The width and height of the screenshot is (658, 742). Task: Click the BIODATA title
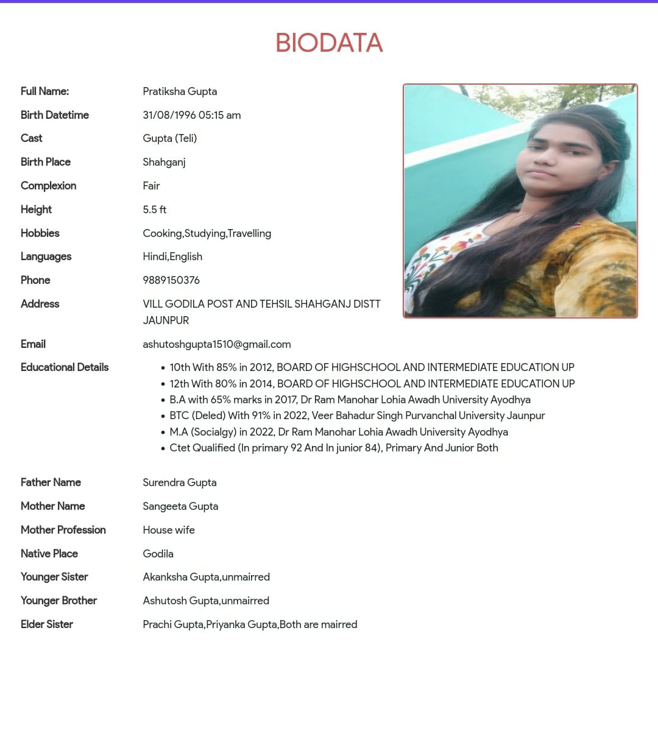tap(329, 43)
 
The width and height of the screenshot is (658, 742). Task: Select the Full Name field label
tap(44, 91)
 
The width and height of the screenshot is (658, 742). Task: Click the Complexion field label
tap(48, 186)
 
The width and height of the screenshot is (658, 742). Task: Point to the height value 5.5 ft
tap(154, 210)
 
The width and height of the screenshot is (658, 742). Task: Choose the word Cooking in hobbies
tap(162, 233)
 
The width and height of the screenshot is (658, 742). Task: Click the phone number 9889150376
tap(171, 280)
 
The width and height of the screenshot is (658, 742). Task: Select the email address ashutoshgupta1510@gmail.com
tap(216, 344)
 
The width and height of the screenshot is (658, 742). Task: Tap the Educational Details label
tap(65, 367)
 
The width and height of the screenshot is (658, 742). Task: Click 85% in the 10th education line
tap(226, 367)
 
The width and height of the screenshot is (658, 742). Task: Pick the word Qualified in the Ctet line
tap(214, 448)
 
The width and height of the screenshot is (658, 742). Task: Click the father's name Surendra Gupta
tap(179, 482)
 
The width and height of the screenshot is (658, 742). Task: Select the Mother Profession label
tap(63, 530)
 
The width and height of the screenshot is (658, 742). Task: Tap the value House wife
tap(169, 530)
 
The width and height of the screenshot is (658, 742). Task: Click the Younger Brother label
tap(58, 601)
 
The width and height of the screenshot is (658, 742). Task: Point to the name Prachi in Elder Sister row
tap(157, 624)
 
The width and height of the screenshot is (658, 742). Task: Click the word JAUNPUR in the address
tap(166, 320)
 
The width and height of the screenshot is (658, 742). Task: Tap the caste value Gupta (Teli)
tap(169, 138)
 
